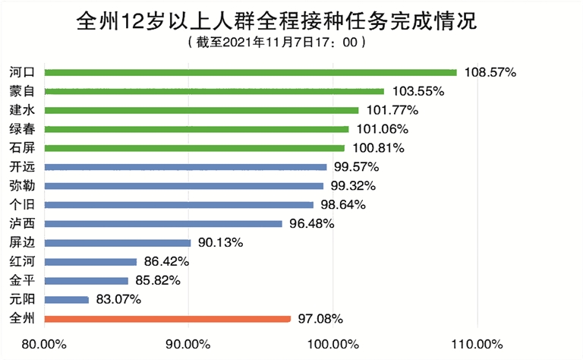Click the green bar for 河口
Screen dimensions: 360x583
pyautogui.click(x=251, y=72)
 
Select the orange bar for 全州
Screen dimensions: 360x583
pyautogui.click(x=168, y=319)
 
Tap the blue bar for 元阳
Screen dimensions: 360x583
pyautogui.click(x=67, y=299)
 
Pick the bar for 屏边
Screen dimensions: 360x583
pyautogui.click(x=118, y=243)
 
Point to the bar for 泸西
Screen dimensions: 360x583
pyautogui.click(x=163, y=224)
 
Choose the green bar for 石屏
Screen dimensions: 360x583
pyautogui.click(x=194, y=147)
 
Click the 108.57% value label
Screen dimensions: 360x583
pyautogui.click(x=490, y=72)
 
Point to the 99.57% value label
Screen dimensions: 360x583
pyautogui.click(x=356, y=166)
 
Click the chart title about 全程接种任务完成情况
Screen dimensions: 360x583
pyautogui.click(x=276, y=21)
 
